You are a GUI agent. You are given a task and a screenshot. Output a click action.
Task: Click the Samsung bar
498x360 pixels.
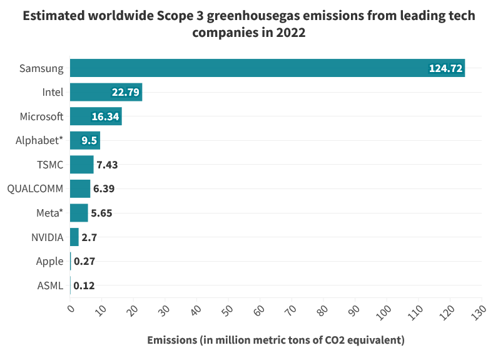point(267,68)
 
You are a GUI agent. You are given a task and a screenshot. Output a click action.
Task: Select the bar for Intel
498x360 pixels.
point(106,92)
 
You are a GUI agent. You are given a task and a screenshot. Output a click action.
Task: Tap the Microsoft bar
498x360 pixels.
point(96,116)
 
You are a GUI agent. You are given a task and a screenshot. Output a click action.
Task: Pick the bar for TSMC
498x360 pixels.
point(81,165)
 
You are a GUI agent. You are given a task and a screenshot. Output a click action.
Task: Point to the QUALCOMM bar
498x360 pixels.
point(80,188)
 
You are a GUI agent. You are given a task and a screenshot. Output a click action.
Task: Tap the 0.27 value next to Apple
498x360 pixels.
point(84,262)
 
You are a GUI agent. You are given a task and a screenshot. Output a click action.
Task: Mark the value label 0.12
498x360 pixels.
point(84,286)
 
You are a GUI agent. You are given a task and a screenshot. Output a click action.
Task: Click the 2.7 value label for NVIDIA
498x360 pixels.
point(89,237)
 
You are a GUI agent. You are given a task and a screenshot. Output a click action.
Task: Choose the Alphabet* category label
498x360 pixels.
point(39,140)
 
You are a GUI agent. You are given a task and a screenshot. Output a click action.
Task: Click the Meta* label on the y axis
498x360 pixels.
point(50,213)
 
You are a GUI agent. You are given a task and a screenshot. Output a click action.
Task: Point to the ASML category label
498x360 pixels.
point(51,286)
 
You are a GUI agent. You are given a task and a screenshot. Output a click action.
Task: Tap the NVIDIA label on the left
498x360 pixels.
point(47,237)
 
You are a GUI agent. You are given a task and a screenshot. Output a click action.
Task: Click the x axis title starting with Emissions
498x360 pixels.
point(275,340)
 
